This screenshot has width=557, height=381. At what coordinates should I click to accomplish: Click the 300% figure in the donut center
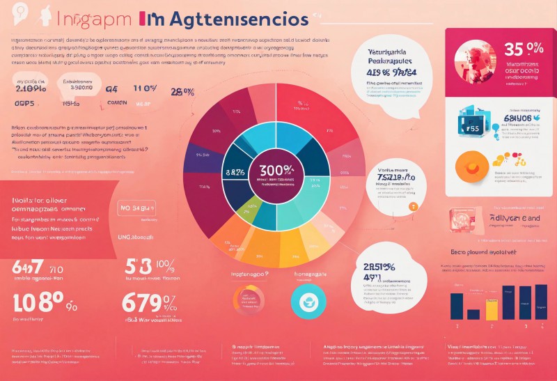[x=276, y=169]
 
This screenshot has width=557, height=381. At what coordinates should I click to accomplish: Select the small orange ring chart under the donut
[x=248, y=301]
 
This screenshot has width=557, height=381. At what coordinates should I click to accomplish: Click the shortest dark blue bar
[x=473, y=314]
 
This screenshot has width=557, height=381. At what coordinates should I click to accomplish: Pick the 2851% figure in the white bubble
[x=379, y=267]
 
